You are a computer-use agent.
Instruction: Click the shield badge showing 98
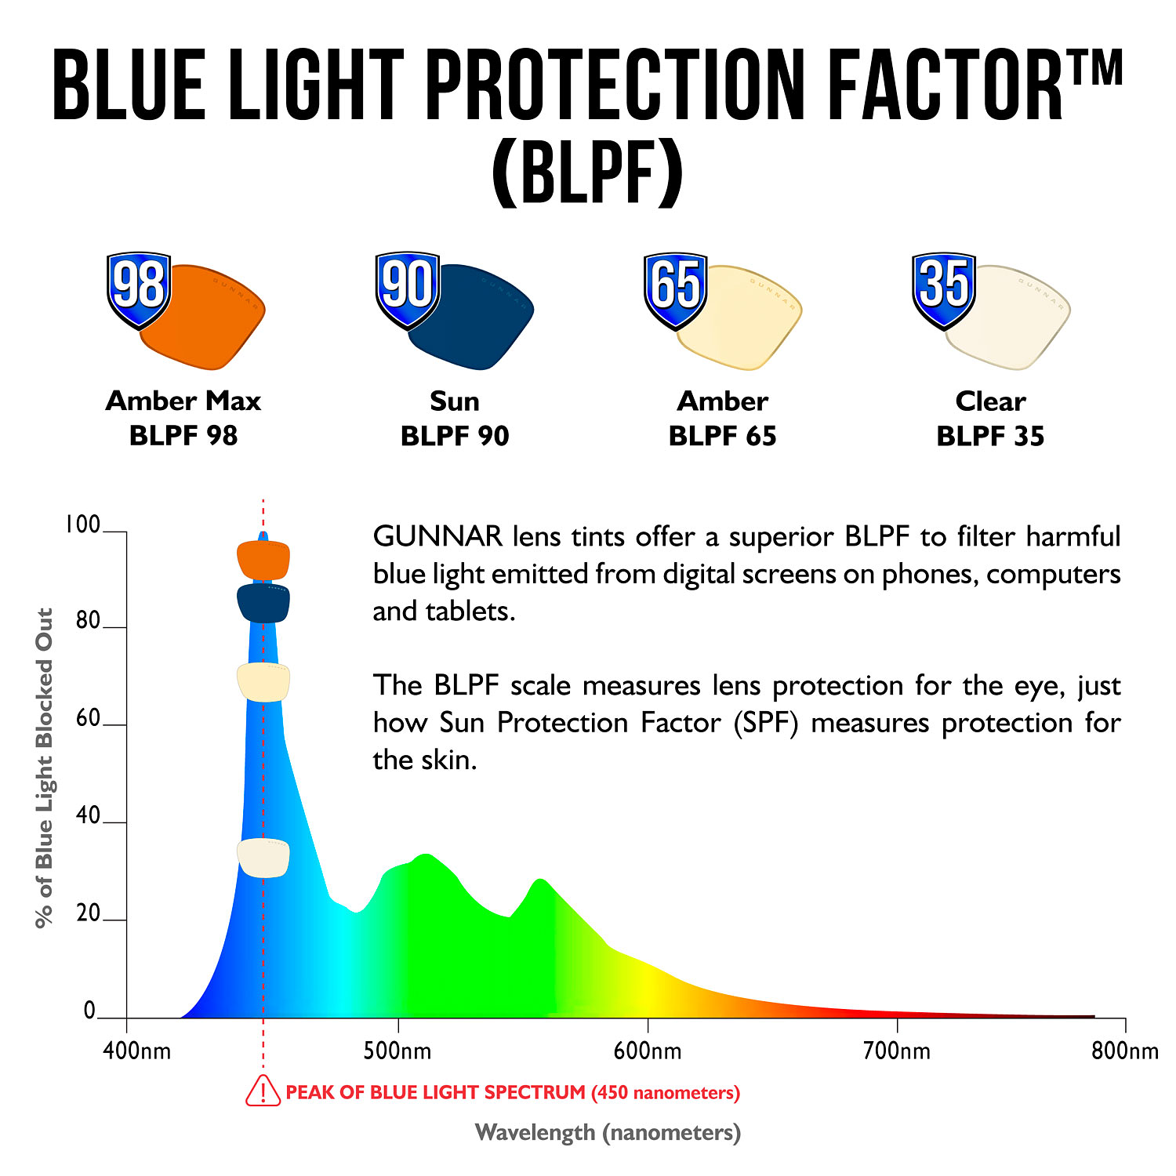(x=139, y=288)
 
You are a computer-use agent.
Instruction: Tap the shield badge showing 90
(x=407, y=288)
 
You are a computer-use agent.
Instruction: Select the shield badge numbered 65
(x=675, y=288)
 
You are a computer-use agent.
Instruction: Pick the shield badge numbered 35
(x=944, y=288)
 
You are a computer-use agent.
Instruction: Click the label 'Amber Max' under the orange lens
(x=183, y=401)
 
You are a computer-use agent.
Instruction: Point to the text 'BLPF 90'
(x=455, y=436)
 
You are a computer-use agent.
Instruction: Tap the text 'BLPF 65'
(x=722, y=436)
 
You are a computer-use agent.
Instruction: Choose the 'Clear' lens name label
(x=990, y=401)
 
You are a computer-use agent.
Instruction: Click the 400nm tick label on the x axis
(x=136, y=1051)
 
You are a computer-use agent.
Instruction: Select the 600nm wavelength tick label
(x=648, y=1051)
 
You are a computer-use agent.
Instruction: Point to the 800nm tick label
(x=1124, y=1051)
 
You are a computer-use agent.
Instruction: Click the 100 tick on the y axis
(x=82, y=524)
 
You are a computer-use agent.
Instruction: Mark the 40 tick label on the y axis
(x=89, y=815)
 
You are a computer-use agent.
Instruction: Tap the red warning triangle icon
(x=263, y=1091)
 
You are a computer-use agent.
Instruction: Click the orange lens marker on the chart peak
(x=263, y=560)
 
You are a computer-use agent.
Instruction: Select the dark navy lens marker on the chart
(x=263, y=603)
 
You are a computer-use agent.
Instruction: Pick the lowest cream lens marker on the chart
(x=263, y=858)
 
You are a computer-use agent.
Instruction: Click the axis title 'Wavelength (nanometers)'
(x=608, y=1132)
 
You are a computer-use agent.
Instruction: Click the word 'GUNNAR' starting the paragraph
(x=437, y=537)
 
